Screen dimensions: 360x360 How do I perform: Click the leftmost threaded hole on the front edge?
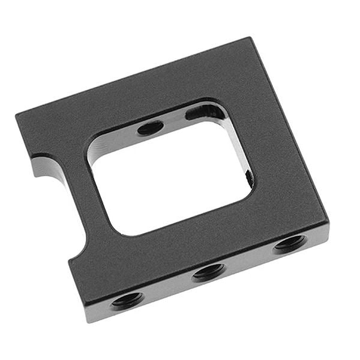pos(127,299)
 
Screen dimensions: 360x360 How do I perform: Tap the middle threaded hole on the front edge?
pos(208,271)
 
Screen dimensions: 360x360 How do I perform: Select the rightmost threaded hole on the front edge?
pos(290,243)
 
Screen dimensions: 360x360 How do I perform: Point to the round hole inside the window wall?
pos(150,127)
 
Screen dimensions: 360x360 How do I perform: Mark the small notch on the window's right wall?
pos(248,178)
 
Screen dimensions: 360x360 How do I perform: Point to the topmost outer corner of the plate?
pos(248,38)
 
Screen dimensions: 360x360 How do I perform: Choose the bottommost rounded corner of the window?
pos(123,231)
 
